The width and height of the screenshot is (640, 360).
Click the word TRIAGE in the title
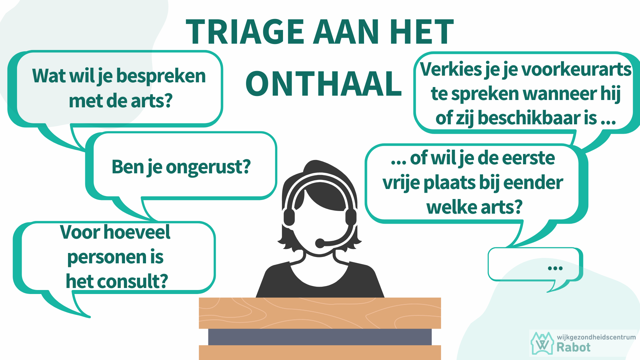245,32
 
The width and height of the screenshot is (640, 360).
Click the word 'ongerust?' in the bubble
208,167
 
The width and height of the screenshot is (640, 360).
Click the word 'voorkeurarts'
576,70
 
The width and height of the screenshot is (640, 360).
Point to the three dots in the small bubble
555,268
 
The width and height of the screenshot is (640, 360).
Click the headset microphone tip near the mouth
320,243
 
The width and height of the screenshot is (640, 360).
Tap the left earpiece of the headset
289,217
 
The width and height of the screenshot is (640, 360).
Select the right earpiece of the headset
351,217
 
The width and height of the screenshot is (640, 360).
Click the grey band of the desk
320,337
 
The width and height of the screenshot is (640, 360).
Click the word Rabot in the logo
573,347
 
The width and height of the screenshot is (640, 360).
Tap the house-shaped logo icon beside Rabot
542,343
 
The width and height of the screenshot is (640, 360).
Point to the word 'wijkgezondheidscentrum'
596,337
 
